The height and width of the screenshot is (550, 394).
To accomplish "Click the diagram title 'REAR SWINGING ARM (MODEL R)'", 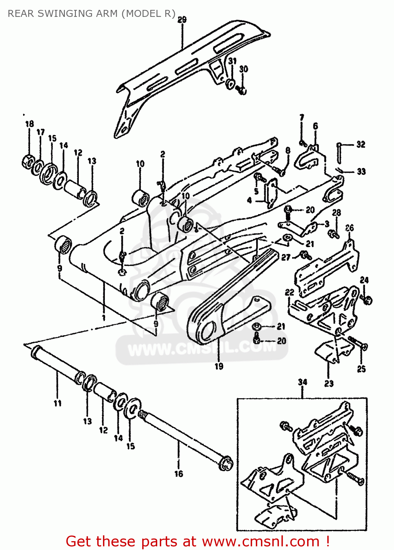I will [x=92, y=14].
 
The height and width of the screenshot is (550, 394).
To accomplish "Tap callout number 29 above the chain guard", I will [x=182, y=20].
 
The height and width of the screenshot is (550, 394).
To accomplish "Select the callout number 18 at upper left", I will [x=30, y=124].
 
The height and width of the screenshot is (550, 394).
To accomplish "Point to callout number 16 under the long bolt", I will [x=178, y=474].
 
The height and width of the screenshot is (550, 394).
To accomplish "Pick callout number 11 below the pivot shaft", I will [x=58, y=403].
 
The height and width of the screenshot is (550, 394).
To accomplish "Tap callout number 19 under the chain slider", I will [x=219, y=366].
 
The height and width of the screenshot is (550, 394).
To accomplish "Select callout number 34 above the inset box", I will [x=302, y=382].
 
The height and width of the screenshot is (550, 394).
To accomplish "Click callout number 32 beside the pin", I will [x=361, y=144].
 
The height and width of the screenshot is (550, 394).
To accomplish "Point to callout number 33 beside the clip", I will [x=361, y=171].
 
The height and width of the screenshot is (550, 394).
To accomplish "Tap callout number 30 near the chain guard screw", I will [x=244, y=69].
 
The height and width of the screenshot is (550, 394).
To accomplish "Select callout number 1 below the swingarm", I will [x=104, y=317].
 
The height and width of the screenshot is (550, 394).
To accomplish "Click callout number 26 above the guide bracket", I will [x=350, y=228].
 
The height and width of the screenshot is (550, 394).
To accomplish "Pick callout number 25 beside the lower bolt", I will [x=361, y=369].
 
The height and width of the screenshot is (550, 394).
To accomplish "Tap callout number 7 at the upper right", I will [x=302, y=118].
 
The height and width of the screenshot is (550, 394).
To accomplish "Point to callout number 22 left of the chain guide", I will [x=290, y=292].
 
